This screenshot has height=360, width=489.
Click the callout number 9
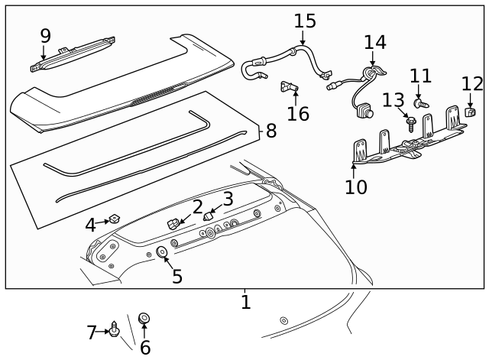(45, 35)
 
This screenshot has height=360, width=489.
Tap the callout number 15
(304, 21)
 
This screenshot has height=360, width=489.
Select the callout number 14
(374, 42)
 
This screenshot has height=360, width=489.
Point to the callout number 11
(420, 76)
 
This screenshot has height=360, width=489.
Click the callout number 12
(472, 83)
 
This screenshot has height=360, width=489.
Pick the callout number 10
(355, 186)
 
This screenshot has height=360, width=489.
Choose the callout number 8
(270, 131)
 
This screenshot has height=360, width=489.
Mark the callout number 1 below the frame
(245, 302)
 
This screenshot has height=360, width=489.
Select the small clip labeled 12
(471, 113)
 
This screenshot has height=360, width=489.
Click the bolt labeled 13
(411, 122)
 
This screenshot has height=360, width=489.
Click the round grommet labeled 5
(162, 252)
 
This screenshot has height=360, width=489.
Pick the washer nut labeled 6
(143, 317)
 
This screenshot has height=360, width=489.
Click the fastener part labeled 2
(173, 223)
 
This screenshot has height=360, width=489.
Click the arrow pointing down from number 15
(303, 39)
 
